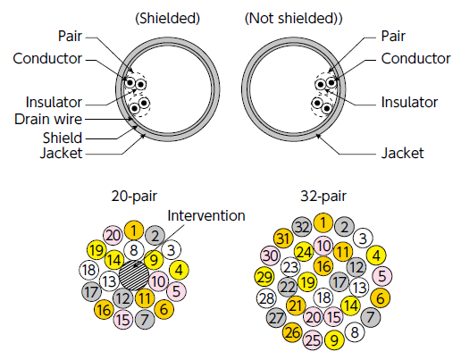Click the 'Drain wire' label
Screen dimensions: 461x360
tap(48, 119)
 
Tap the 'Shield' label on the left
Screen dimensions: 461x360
tap(63, 138)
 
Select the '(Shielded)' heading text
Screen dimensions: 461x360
tap(167, 19)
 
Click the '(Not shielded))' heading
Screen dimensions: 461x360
tap(294, 19)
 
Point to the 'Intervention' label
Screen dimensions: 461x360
tap(206, 215)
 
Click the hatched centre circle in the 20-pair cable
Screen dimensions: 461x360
tap(134, 275)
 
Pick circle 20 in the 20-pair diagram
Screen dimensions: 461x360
tap(113, 236)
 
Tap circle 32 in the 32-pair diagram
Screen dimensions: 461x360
tap(302, 227)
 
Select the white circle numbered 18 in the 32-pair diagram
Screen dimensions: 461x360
tap(323, 297)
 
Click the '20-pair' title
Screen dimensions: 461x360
tap(134, 197)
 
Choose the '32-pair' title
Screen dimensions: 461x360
tap(323, 197)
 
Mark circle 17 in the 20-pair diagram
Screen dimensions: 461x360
tap(91, 292)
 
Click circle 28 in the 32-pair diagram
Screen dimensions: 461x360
tap(266, 298)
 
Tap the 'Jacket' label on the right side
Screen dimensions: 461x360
tap(402, 153)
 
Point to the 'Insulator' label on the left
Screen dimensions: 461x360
tap(54, 102)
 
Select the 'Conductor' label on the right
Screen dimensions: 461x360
tap(415, 58)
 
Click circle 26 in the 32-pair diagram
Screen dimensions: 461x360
tap(292, 332)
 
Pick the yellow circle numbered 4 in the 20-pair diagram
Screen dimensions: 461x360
tap(179, 270)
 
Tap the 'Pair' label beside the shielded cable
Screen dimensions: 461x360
tap(70, 36)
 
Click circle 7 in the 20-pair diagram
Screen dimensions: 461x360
tap(145, 320)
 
